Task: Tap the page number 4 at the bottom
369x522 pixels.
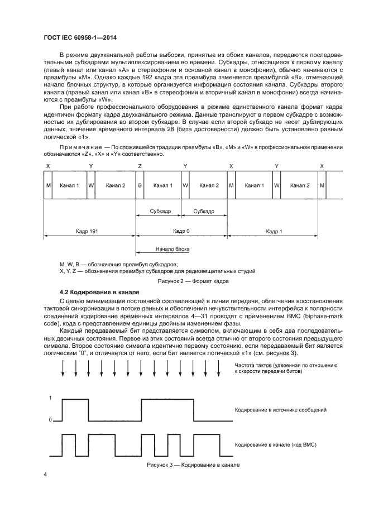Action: click(x=46, y=474)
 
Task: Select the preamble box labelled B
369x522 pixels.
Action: click(x=140, y=185)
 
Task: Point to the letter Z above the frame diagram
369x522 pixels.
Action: click(x=140, y=166)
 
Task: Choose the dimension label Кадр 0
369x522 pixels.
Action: click(x=182, y=231)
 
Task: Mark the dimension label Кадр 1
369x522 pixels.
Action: click(x=274, y=231)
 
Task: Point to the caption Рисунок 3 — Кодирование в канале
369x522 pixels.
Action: click(x=193, y=464)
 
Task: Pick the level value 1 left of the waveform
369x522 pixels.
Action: click(x=51, y=398)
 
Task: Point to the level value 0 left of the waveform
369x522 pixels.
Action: click(x=51, y=419)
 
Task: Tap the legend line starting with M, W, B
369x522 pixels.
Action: click(x=122, y=264)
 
